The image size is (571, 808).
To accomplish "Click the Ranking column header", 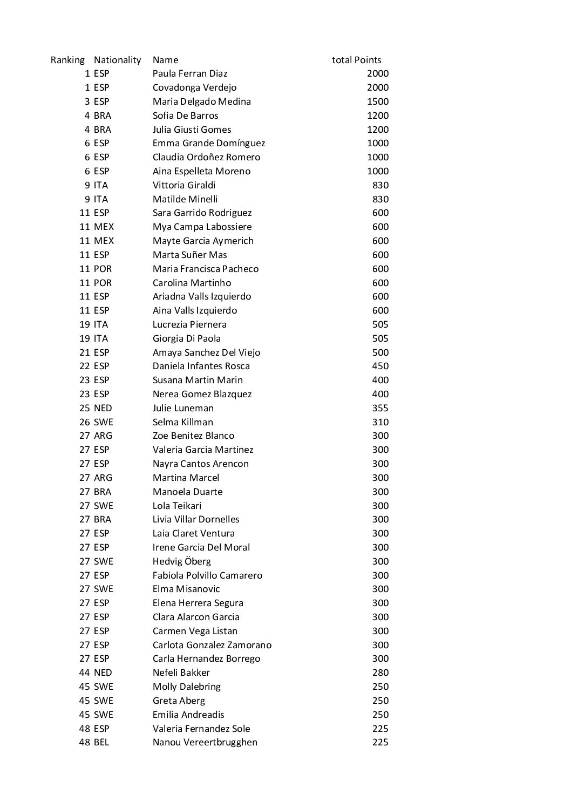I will tap(67, 60).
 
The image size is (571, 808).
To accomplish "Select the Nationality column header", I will tap(117, 60).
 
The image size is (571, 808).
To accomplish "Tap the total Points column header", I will tap(356, 60).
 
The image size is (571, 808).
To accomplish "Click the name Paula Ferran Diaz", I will tap(190, 74).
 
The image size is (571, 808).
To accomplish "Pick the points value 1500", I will tap(378, 101).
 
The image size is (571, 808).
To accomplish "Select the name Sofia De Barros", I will tap(186, 116).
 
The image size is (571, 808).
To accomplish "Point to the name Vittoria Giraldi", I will tap(184, 185).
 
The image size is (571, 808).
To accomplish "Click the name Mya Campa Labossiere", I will tap(202, 227).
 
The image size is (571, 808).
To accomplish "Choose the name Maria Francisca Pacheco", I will tap(206, 269).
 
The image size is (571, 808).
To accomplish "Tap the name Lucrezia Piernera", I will tap(189, 324).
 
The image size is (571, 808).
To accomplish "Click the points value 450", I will tap(380, 366).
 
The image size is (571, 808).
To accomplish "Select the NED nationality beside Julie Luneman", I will tap(103, 408).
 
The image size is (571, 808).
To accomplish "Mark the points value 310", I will tap(380, 422).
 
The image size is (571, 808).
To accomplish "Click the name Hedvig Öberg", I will tap(182, 561).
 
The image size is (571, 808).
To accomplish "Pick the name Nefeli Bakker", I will tap(181, 673).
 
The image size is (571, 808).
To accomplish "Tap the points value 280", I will tap(380, 673).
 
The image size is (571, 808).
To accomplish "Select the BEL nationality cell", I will tap(101, 742).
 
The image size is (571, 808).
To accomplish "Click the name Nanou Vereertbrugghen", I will tap(205, 742).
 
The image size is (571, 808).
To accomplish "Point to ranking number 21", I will tap(85, 352).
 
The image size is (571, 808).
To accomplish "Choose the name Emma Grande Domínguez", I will tap(209, 143).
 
